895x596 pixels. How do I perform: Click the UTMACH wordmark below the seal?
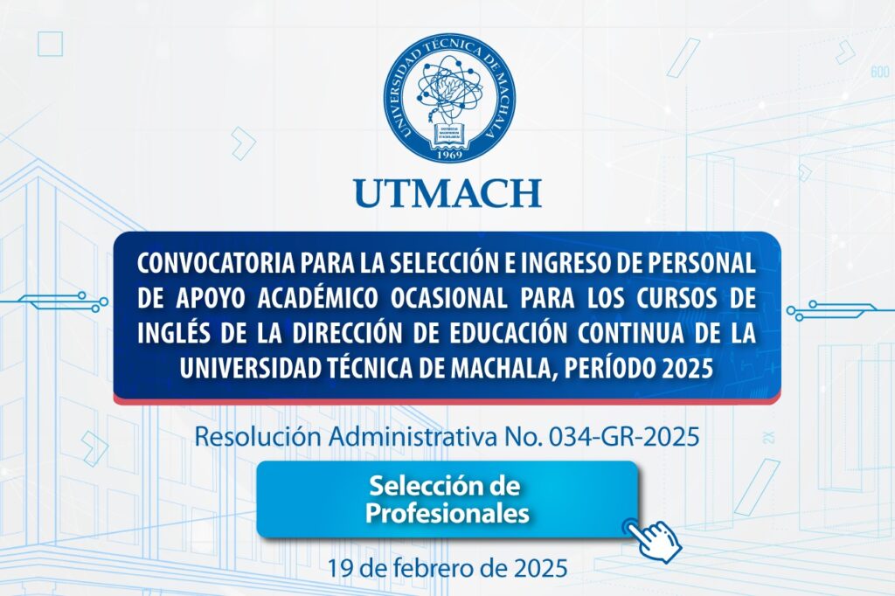pyautogui.click(x=447, y=192)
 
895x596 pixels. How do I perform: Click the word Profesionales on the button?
pyautogui.click(x=447, y=513)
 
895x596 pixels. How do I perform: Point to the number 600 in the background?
pyautogui.click(x=878, y=73)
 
